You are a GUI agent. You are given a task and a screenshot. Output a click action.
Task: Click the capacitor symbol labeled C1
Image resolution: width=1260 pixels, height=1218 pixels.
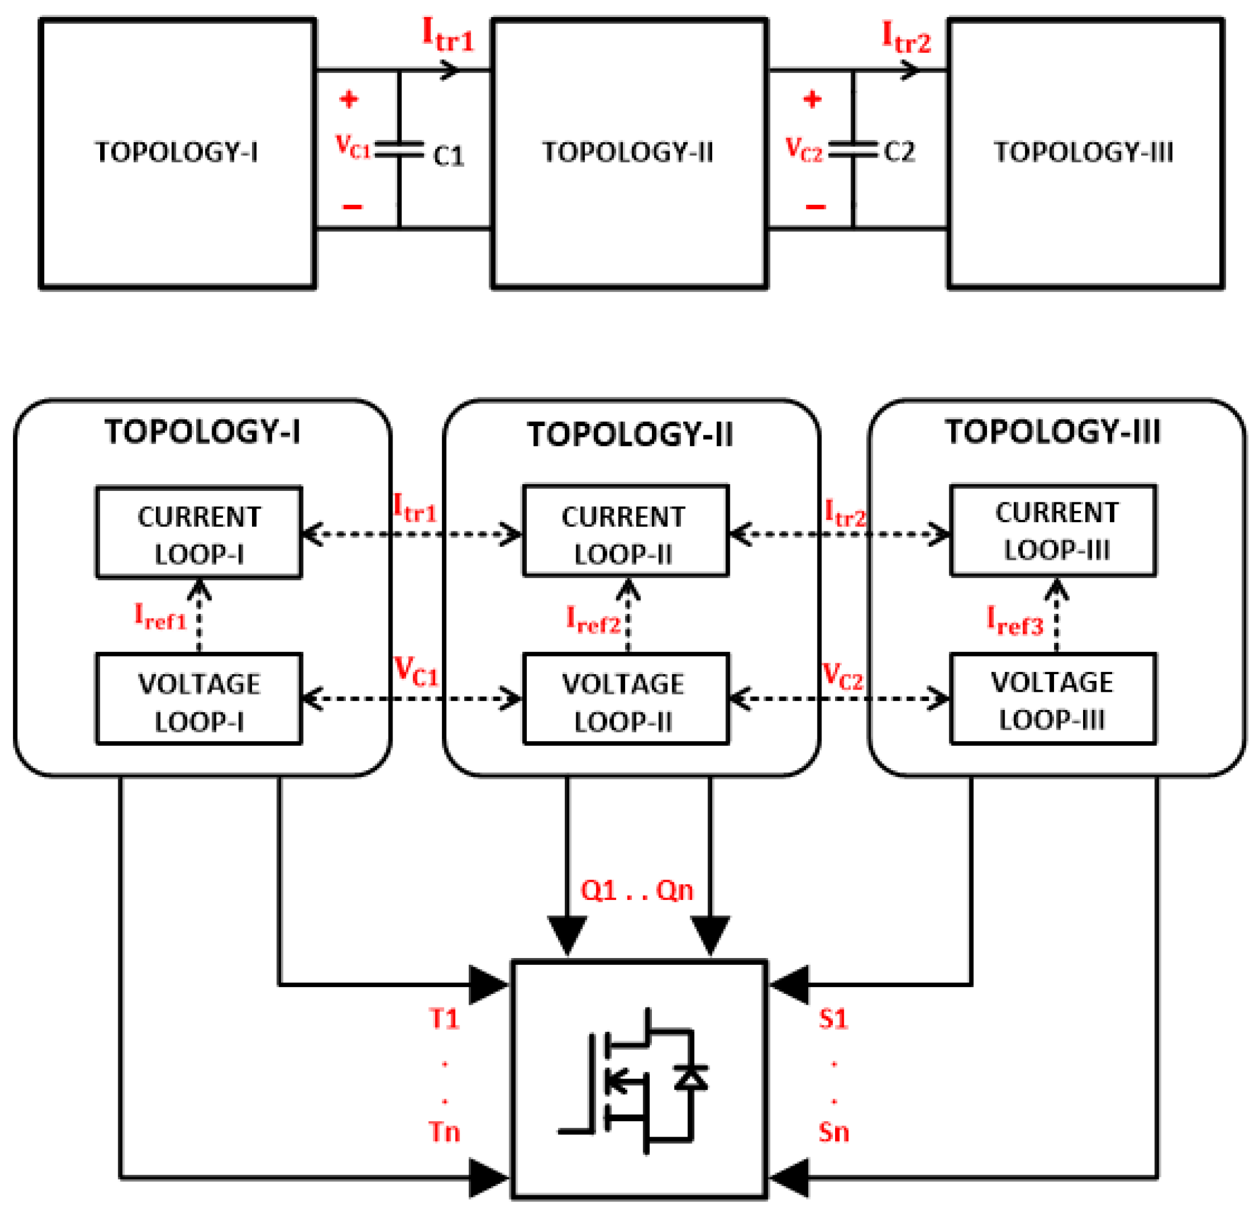pos(399,150)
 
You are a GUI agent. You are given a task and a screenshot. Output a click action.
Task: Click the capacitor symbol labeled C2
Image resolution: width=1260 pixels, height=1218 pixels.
pos(853,150)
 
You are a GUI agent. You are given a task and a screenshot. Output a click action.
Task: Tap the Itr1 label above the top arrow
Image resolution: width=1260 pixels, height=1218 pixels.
pos(448,35)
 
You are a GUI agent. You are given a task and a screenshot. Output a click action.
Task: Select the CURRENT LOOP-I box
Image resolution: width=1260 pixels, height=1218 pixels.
pos(199,533)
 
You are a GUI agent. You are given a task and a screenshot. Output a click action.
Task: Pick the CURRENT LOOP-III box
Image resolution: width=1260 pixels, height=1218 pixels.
pos(1053,531)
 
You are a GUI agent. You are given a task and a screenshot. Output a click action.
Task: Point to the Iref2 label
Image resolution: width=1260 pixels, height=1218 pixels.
pos(593,620)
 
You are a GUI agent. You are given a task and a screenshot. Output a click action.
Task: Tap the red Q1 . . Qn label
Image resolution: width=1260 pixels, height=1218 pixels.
pos(637,890)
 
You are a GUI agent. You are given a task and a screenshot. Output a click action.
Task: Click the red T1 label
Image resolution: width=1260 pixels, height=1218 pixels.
pos(444,1019)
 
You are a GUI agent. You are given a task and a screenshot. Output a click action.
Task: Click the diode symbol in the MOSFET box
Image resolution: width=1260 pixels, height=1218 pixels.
pos(691,1078)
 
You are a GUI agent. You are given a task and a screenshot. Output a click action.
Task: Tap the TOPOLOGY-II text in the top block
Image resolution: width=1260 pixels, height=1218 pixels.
pos(627,152)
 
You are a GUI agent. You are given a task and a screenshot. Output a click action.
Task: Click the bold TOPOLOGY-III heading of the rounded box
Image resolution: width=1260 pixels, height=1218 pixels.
pos(1052,432)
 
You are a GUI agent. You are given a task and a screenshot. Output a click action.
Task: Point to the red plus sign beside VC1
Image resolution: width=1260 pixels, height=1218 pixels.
pos(349,100)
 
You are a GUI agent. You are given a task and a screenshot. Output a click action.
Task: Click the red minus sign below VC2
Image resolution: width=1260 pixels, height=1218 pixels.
pos(815,207)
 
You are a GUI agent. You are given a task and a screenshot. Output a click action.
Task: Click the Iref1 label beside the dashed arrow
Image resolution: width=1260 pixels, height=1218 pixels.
pos(160,616)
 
